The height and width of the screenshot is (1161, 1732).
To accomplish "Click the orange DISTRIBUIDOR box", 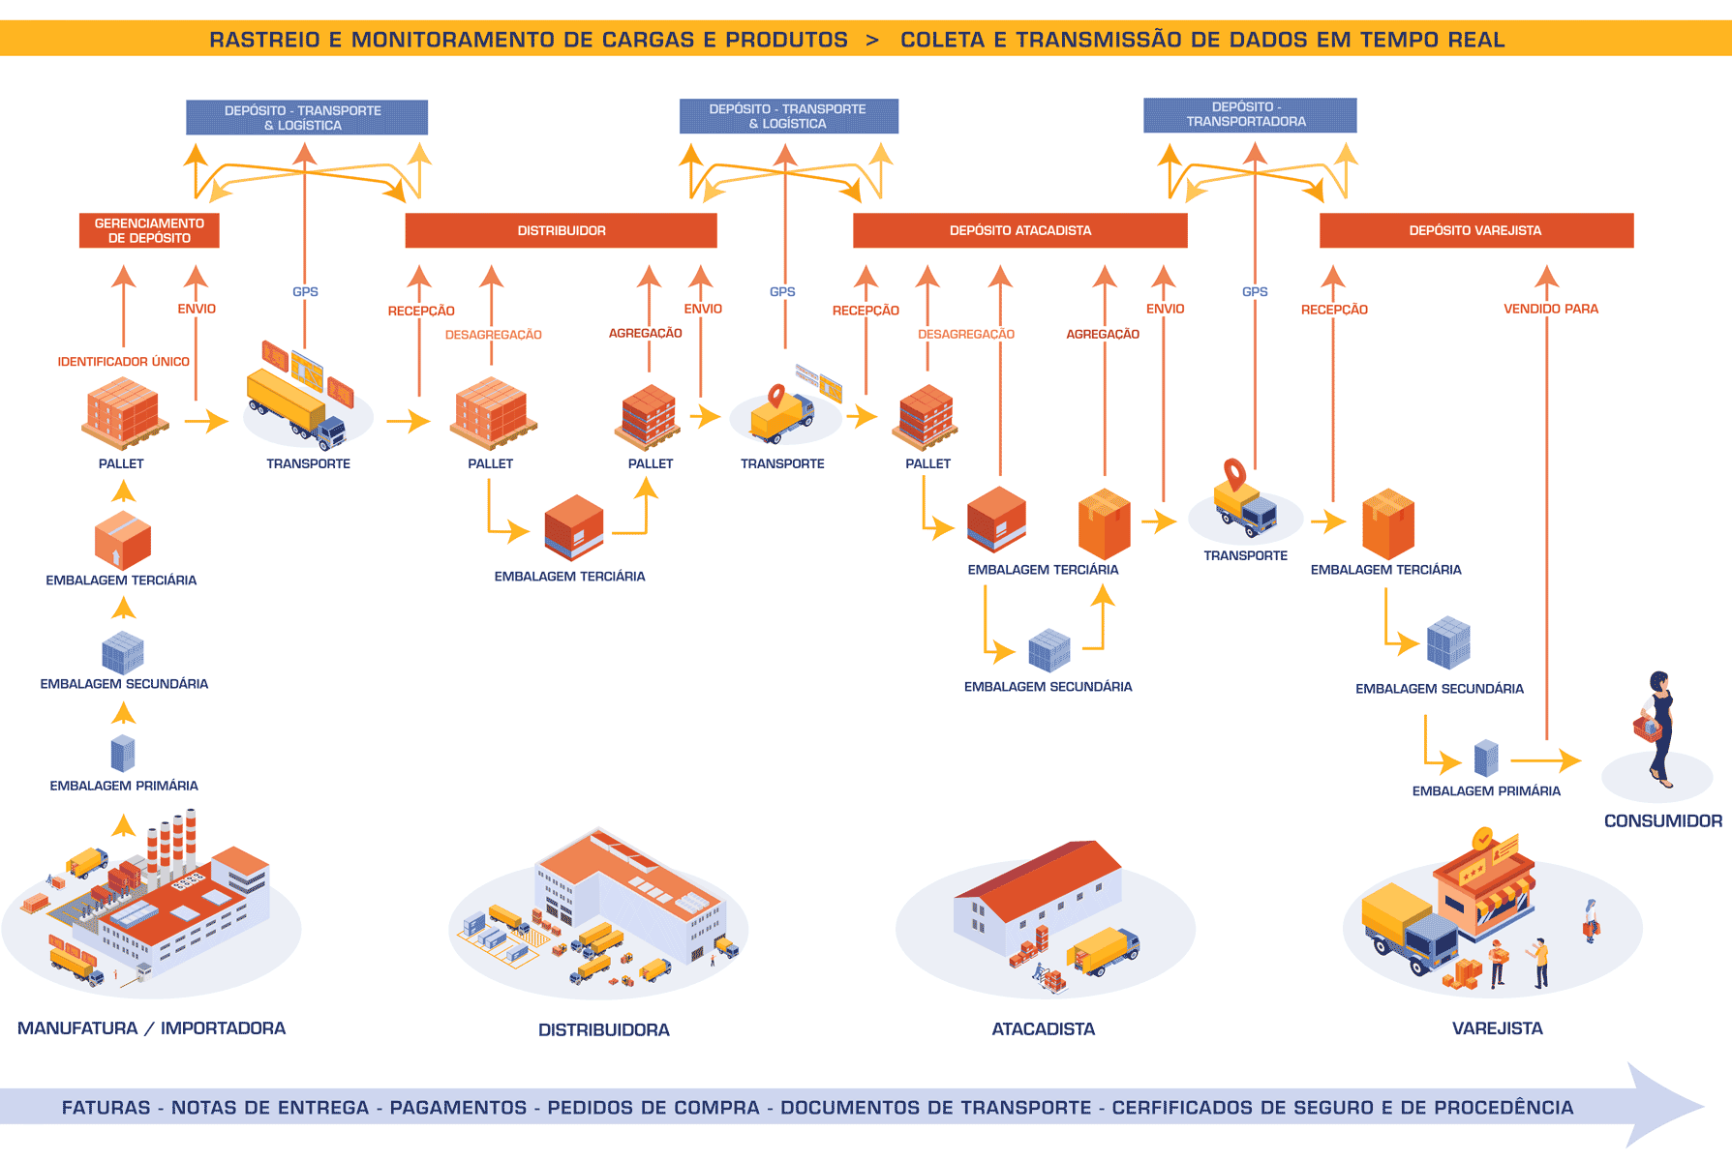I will tap(561, 230).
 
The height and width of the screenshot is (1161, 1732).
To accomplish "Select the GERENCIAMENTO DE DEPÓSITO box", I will tap(149, 230).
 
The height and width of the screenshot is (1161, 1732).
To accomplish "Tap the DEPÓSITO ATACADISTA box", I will tap(1019, 230).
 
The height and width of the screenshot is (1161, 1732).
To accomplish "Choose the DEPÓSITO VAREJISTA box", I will tap(1475, 230).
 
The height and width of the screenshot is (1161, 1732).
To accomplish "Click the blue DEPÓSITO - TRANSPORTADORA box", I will tap(1249, 114).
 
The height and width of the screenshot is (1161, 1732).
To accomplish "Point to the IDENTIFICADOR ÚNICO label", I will tap(123, 362).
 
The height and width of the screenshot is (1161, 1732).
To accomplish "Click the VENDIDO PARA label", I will tap(1550, 309).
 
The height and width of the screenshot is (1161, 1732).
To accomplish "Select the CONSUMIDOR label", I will tap(1662, 820).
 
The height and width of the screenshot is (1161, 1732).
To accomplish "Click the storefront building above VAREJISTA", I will tap(1481, 885).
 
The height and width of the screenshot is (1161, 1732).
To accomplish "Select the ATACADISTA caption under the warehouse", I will tap(1043, 1029).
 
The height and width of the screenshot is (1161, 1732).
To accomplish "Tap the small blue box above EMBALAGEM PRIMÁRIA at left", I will tap(123, 753).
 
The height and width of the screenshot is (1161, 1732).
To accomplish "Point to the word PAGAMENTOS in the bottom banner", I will tap(458, 1108).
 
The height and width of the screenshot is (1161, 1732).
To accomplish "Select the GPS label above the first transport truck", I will tap(305, 291).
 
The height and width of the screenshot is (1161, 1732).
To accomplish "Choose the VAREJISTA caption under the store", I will tap(1497, 1028).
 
